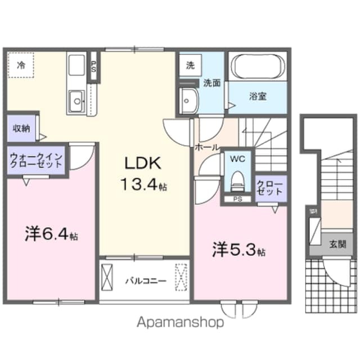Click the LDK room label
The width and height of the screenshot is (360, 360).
click(x=143, y=163)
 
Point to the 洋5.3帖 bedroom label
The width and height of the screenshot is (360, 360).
click(x=238, y=249)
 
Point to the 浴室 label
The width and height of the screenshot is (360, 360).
click(x=258, y=96)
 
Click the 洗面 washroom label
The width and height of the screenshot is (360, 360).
click(x=211, y=83)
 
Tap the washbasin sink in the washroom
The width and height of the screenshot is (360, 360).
click(x=187, y=101)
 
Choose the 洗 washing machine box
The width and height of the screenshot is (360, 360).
click(x=190, y=65)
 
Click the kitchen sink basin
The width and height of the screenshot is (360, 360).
click(x=75, y=102)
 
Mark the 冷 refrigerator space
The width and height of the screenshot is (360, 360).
click(x=21, y=65)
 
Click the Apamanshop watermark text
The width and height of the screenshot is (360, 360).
click(x=180, y=323)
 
